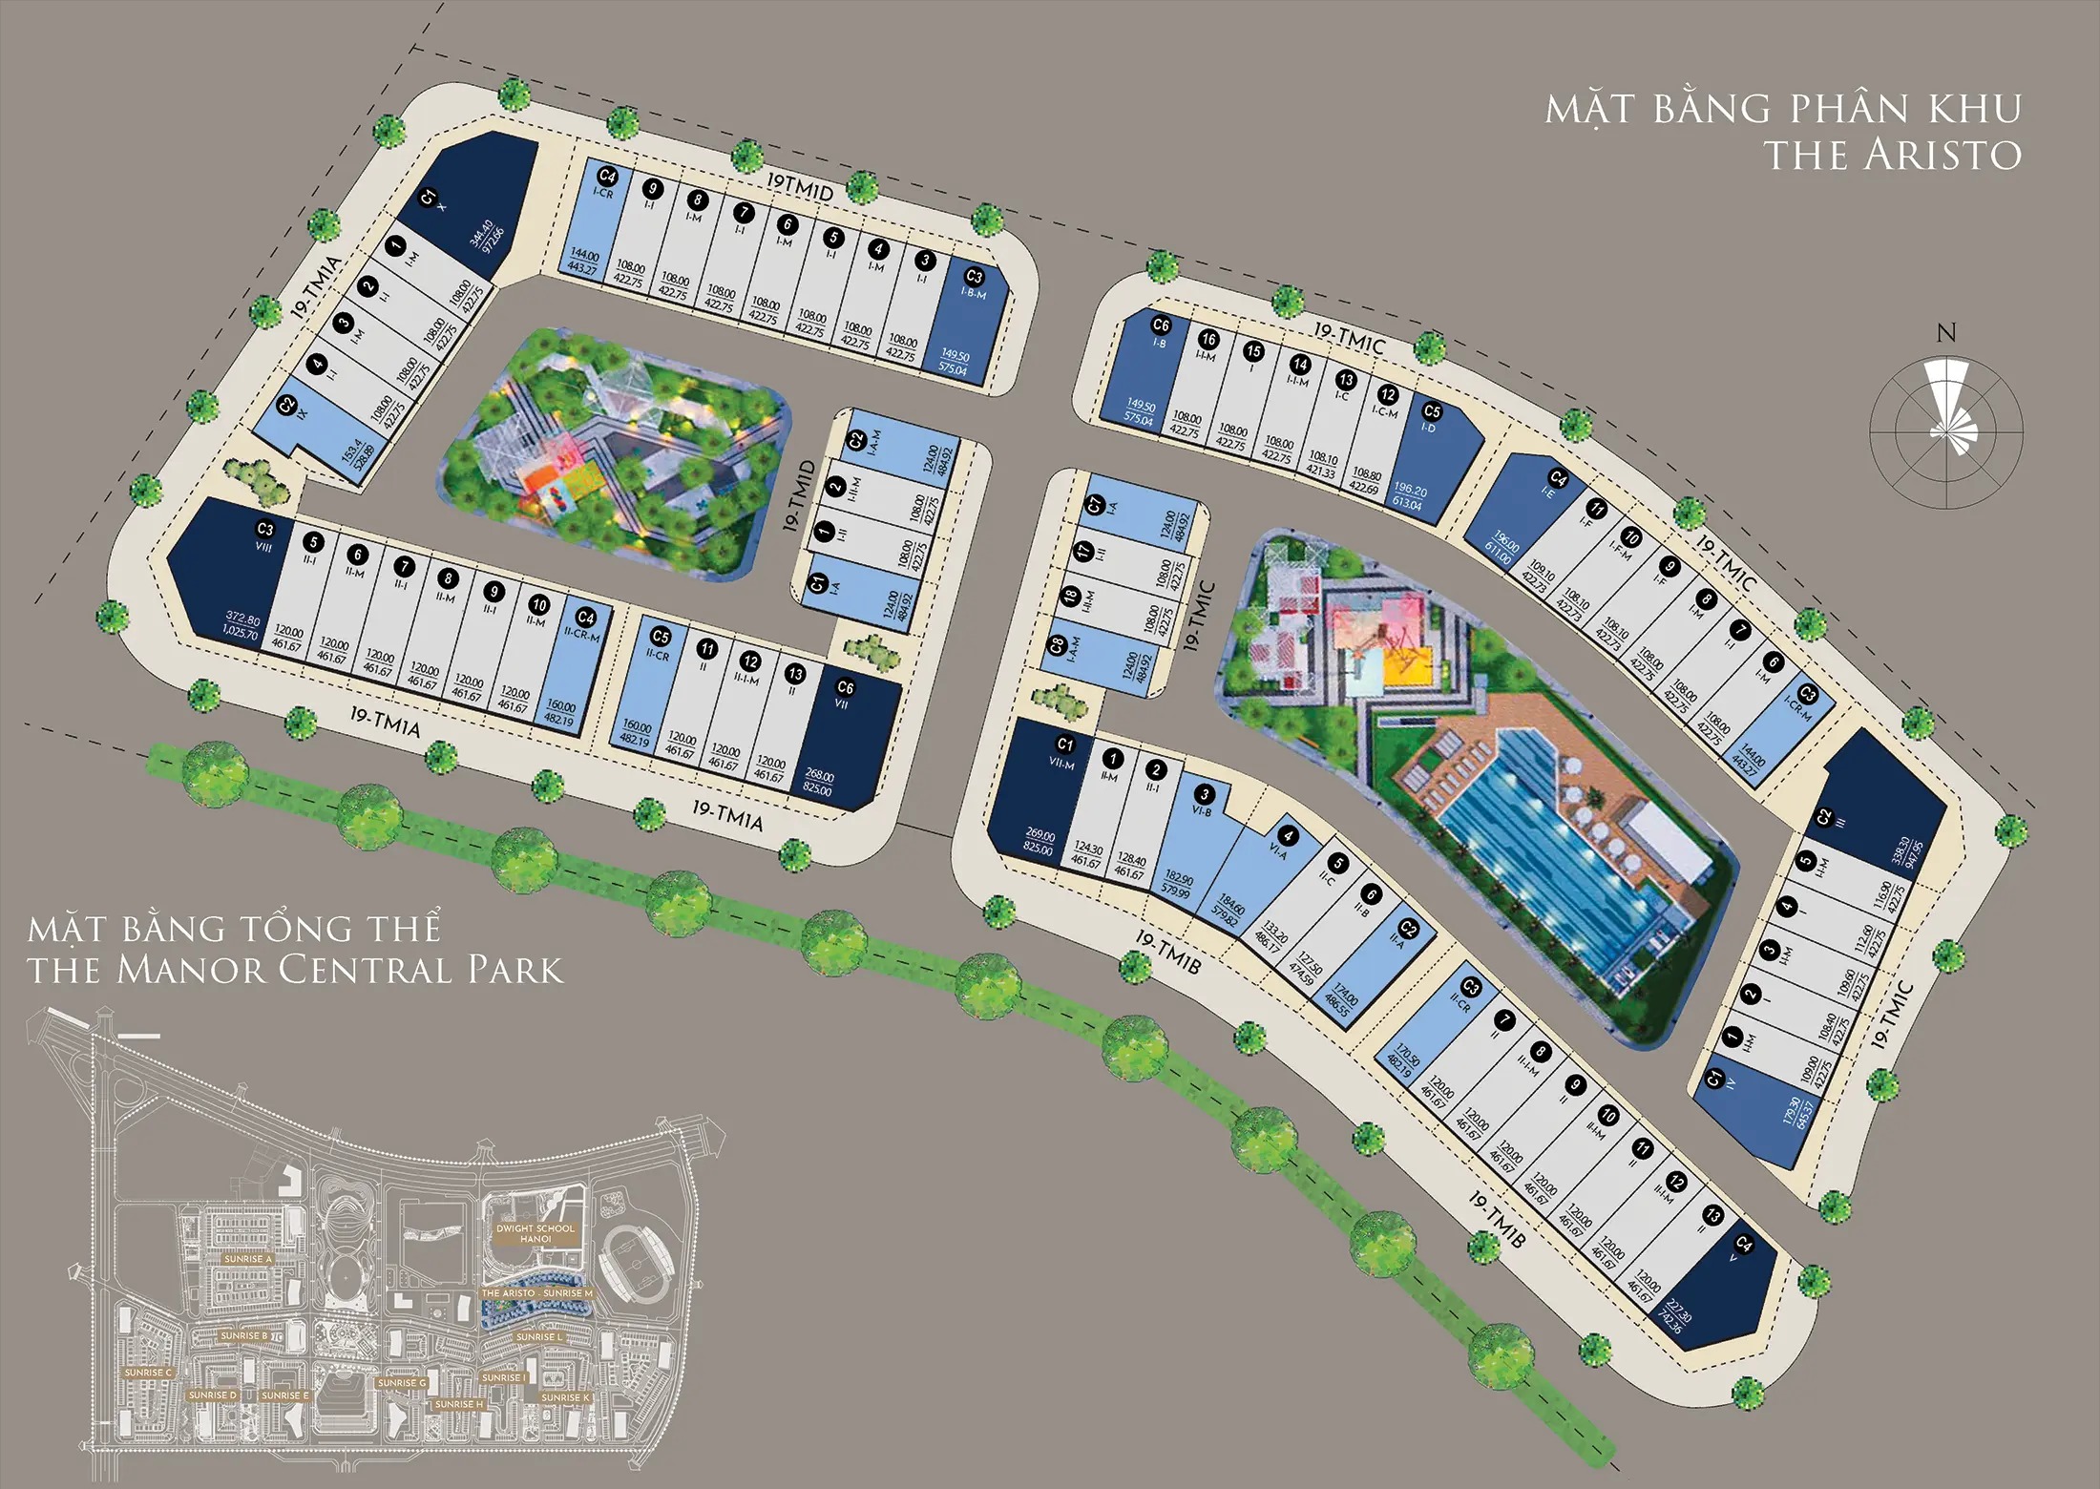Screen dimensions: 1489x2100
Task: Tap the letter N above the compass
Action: [x=1946, y=333]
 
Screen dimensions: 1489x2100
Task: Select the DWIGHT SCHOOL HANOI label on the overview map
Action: [x=535, y=1233]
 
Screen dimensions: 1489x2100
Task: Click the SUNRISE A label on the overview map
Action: [x=247, y=1259]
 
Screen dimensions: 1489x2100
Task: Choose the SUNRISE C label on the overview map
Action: [x=148, y=1373]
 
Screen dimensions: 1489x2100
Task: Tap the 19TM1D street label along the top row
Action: [x=800, y=187]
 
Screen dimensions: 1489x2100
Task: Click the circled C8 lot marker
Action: [x=1058, y=646]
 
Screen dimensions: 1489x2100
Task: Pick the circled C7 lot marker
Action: [x=1096, y=503]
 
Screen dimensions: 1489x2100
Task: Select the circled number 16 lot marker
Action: [x=1208, y=339]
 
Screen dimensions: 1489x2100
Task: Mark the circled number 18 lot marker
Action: [x=1070, y=597]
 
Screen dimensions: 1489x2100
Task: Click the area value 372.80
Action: [x=242, y=619]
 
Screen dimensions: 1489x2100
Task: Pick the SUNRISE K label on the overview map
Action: [x=565, y=1397]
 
